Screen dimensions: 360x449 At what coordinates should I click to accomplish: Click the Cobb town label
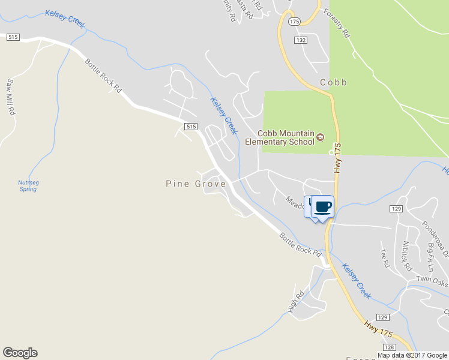(333, 82)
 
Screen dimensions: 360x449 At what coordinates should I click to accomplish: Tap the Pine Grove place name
(196, 184)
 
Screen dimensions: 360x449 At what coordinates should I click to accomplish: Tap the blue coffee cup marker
(322, 207)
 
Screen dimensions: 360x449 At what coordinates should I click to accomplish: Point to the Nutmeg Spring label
(28, 185)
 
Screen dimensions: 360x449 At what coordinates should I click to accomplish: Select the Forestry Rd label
(336, 23)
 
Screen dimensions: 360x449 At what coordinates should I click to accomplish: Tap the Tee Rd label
(385, 257)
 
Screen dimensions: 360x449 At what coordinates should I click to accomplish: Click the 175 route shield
(294, 21)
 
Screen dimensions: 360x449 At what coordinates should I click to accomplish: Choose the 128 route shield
(390, 347)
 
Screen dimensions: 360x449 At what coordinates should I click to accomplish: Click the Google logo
(20, 353)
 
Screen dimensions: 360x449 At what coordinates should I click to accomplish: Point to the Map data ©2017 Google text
(412, 355)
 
